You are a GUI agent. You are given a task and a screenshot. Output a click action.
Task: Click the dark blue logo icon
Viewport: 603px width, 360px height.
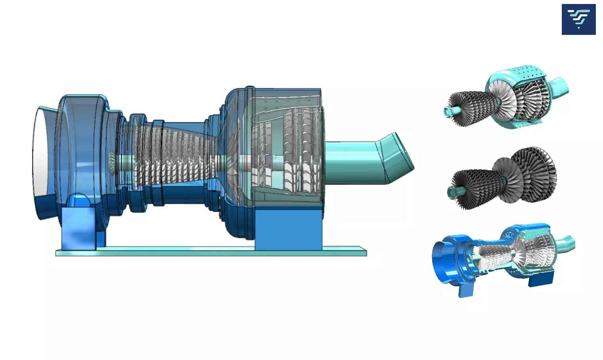point(578,19)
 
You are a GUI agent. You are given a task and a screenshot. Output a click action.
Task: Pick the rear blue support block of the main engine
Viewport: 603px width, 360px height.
point(288,230)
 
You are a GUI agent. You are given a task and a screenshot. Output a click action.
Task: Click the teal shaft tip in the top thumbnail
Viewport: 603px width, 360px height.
point(448,111)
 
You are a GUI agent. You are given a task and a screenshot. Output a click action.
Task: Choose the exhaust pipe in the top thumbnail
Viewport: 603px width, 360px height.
point(561,86)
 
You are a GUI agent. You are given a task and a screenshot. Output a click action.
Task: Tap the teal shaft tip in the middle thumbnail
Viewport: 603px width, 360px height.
point(452,193)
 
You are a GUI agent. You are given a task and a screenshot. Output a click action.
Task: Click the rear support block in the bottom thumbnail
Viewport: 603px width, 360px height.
point(541,280)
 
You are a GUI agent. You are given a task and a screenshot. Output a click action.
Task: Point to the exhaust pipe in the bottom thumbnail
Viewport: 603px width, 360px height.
point(567,243)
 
